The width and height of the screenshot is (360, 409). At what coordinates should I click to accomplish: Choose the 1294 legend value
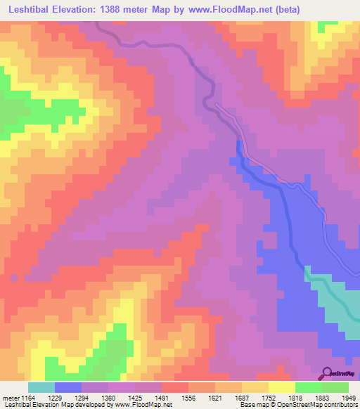(94, 398)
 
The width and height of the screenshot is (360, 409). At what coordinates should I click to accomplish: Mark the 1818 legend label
(308, 398)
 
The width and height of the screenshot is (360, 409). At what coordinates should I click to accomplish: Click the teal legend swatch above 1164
(41, 387)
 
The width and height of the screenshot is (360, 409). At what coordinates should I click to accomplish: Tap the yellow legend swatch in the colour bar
(281, 387)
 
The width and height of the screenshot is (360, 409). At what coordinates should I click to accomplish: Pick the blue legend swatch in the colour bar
(68, 387)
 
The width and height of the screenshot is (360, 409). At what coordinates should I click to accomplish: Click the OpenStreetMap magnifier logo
(328, 372)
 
